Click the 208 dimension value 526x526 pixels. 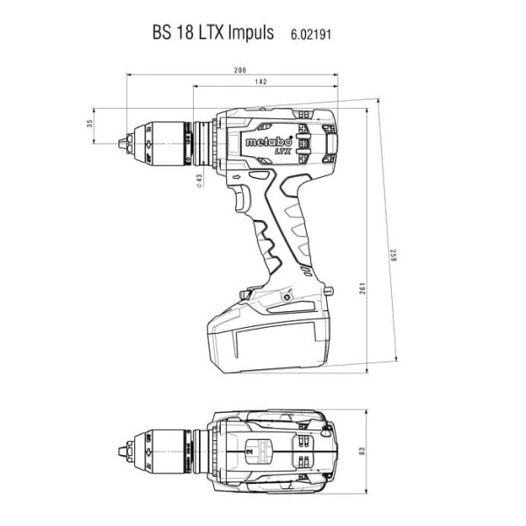(240, 70)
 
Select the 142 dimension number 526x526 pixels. (260, 82)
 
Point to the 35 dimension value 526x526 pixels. (89, 124)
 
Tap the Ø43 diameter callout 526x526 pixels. (199, 181)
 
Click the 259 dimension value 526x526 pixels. (393, 255)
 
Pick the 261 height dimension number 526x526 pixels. (362, 288)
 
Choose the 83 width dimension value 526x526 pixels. (361, 451)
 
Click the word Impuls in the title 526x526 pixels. (251, 32)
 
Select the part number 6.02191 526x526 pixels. (311, 34)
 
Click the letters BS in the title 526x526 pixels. (162, 32)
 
